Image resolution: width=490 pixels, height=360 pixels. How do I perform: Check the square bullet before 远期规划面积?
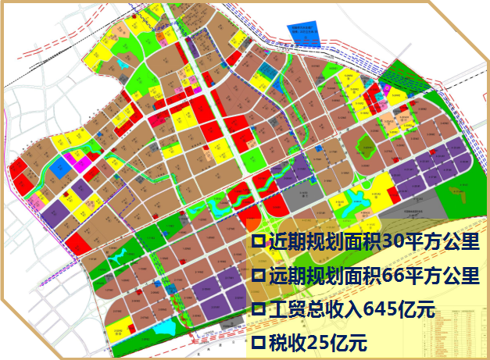pos(257,276)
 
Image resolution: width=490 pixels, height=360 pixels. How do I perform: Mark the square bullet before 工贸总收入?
pos(257,308)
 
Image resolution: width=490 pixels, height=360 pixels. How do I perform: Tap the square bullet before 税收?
pos(257,341)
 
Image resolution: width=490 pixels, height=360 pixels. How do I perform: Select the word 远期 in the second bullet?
pos(281,276)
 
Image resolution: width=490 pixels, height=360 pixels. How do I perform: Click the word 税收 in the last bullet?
pos(281,341)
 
